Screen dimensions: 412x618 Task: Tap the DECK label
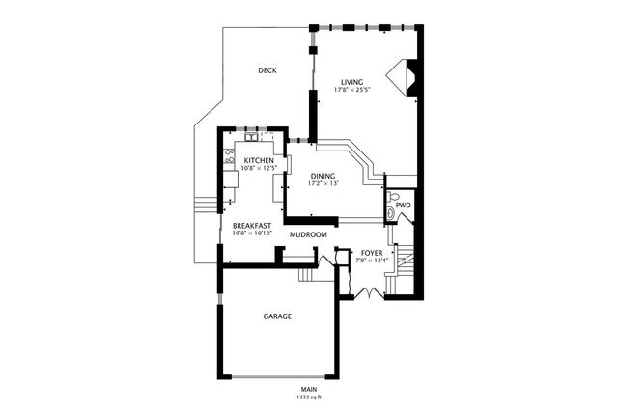[x=269, y=70]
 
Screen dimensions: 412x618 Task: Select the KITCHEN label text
[x=259, y=160]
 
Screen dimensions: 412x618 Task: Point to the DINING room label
[x=323, y=176]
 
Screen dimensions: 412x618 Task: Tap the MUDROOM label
[x=308, y=234]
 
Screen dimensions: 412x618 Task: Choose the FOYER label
[x=372, y=252]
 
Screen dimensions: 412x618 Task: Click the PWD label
[x=403, y=206]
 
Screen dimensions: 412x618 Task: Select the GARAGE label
[x=277, y=316]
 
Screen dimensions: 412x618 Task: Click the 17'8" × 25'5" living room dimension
[x=353, y=91]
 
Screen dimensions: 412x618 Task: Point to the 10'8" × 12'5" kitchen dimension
[x=260, y=168]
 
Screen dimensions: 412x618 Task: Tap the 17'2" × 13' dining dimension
[x=324, y=183]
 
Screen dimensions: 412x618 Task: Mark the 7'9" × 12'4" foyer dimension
[x=372, y=260]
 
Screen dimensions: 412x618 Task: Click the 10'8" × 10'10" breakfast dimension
[x=253, y=233]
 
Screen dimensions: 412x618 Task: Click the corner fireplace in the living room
[x=399, y=78]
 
